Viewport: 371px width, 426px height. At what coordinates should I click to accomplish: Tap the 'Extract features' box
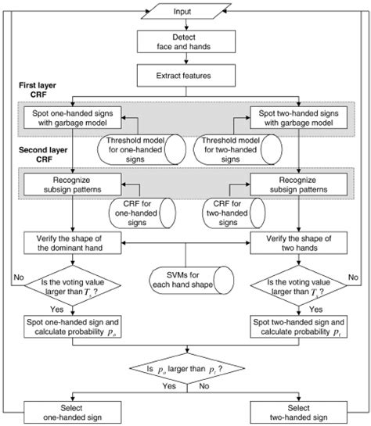(186, 76)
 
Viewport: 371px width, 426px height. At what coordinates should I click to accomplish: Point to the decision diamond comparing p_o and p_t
(185, 367)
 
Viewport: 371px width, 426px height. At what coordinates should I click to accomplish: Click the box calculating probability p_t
(298, 327)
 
